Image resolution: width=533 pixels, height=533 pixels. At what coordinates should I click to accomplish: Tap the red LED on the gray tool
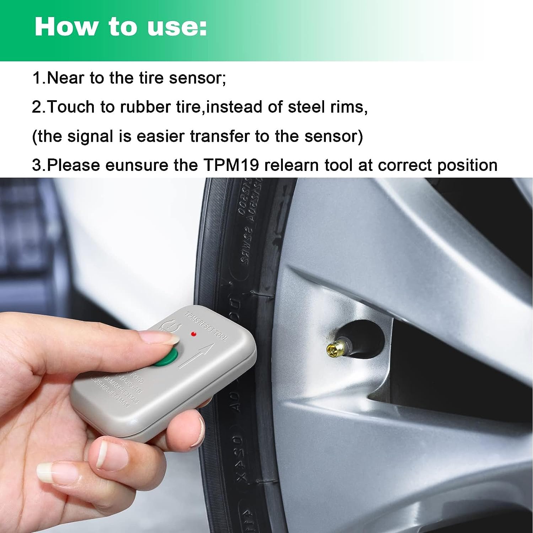(x=193, y=334)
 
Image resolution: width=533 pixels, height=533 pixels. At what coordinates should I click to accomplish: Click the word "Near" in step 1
(x=65, y=78)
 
